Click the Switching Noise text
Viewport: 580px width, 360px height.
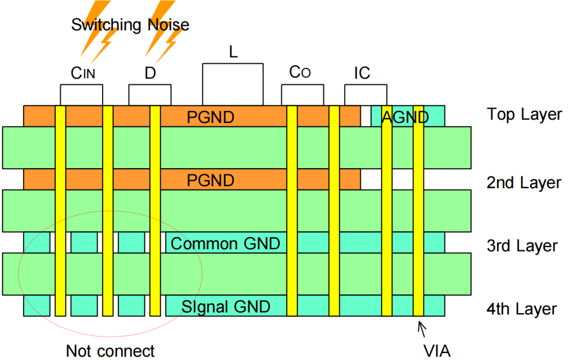click(x=130, y=25)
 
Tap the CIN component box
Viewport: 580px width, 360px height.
click(x=82, y=95)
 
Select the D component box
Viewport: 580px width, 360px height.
click(x=150, y=95)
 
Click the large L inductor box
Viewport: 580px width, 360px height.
click(x=233, y=84)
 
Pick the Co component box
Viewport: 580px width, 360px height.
click(x=302, y=95)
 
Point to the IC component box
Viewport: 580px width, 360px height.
click(x=366, y=95)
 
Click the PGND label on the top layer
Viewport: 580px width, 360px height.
click(x=211, y=117)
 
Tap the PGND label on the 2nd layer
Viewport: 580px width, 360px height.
click(x=211, y=181)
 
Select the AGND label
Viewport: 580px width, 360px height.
click(x=405, y=117)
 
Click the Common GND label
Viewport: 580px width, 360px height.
click(x=225, y=243)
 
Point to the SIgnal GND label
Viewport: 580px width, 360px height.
click(x=226, y=307)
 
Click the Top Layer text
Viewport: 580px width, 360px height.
click(x=525, y=114)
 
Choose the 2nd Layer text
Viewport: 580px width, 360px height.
click(x=524, y=183)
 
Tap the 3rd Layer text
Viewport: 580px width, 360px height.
click(x=522, y=246)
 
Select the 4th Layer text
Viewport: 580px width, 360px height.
click(x=521, y=309)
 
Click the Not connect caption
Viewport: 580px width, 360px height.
click(x=110, y=351)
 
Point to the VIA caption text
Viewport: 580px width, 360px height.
click(x=437, y=351)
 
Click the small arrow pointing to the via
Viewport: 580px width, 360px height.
click(x=422, y=329)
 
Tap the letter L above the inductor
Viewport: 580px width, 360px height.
click(x=233, y=52)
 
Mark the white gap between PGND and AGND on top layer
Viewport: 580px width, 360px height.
click(x=366, y=116)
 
